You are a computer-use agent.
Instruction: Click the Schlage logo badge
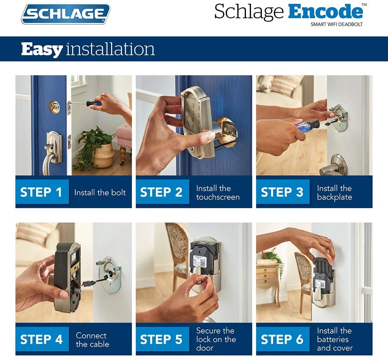66,14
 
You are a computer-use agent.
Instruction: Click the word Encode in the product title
325,12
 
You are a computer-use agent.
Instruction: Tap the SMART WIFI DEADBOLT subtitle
336,24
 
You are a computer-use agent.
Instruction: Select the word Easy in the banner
42,49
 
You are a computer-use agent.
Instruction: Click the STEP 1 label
41,192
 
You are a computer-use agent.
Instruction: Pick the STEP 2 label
161,192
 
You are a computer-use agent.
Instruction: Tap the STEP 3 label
282,192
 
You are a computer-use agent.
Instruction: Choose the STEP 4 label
42,339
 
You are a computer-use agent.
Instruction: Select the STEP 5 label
161,339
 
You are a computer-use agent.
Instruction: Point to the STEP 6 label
282,339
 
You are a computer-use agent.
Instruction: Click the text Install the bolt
100,192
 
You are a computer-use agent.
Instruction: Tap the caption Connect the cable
92,340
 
